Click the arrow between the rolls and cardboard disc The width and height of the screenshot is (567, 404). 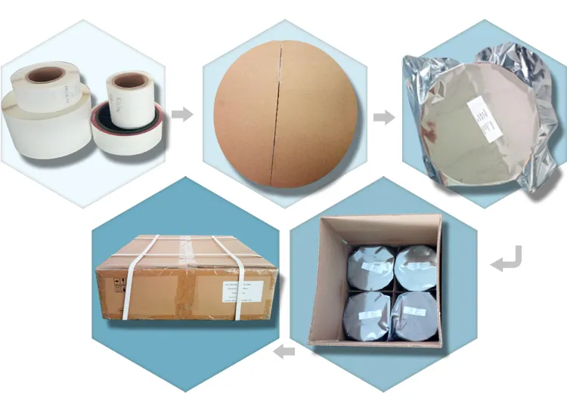pos(181,115)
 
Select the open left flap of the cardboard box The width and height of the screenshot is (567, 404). pos(318,279)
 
